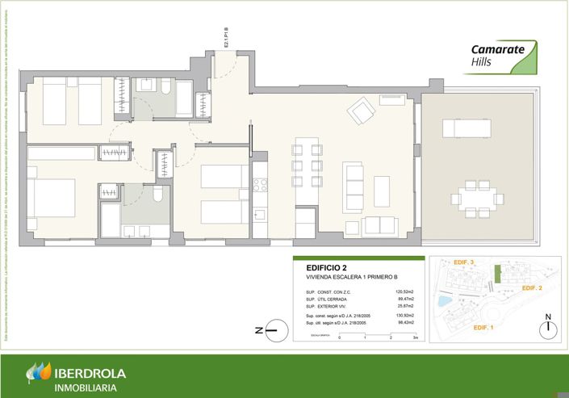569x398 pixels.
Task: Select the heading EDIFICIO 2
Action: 326,268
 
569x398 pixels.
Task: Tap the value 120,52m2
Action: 404,291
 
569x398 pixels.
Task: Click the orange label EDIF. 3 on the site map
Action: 462,262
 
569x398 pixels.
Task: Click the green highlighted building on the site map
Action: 498,274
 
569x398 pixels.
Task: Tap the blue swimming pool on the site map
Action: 444,300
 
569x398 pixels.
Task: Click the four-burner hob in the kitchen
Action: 260,185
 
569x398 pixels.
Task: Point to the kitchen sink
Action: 259,214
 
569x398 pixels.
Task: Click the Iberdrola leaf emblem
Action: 38,373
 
